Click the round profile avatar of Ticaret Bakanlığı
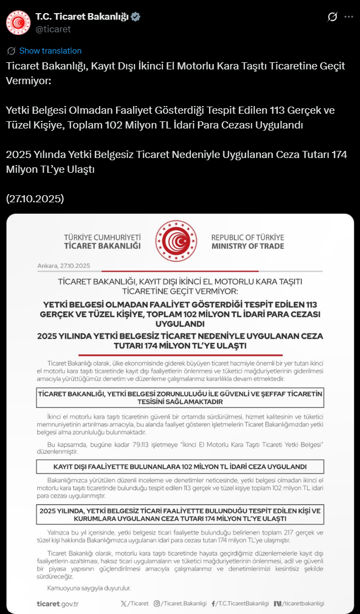click(x=18, y=22)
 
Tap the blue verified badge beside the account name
click(x=136, y=17)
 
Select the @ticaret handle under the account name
click(x=53, y=29)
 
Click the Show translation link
click(x=50, y=51)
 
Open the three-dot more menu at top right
click(x=349, y=17)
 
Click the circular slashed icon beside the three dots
click(x=332, y=17)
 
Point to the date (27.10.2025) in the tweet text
click(x=35, y=199)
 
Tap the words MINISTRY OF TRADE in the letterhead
click(x=248, y=246)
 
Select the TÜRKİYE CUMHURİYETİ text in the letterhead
click(x=102, y=237)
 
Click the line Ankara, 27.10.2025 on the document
click(x=63, y=266)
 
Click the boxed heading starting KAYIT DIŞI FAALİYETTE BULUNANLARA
click(x=180, y=466)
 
